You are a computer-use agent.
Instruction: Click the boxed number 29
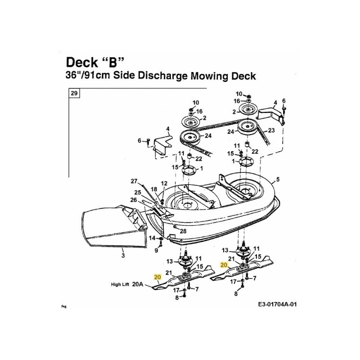pos(74,93)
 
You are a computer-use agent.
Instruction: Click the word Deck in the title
pos(82,62)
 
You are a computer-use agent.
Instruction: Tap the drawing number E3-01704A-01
pos(277,305)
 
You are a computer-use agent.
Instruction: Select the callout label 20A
pos(138,284)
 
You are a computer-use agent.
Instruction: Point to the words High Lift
pos(120,284)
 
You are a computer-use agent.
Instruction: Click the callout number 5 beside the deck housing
pos(278,179)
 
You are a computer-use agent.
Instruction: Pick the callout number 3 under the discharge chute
pos(123,255)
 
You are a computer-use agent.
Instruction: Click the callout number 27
pos(134,181)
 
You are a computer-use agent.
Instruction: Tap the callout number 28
pos(183,231)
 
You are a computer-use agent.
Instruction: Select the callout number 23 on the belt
pos(271,130)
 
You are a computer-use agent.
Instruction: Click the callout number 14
pos(152,238)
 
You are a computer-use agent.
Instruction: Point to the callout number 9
pos(156,250)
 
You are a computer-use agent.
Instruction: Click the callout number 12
pos(164,183)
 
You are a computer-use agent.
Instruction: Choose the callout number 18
pos(154,189)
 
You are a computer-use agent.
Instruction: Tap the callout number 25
pos(138,193)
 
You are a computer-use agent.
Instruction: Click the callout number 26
pos(134,200)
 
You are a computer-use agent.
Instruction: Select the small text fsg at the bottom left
pos(64,306)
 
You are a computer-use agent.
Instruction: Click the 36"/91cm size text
pos(88,75)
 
